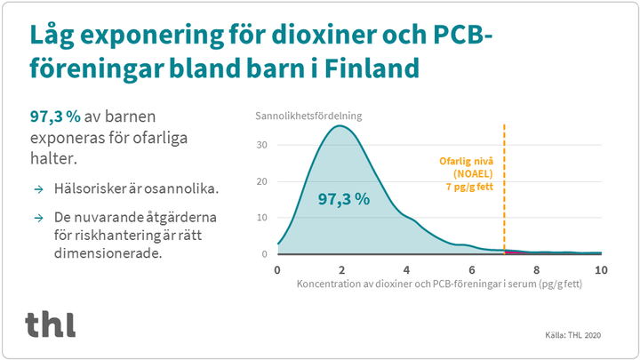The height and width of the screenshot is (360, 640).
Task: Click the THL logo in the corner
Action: [50, 324]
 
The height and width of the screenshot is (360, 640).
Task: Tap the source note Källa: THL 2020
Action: [572, 335]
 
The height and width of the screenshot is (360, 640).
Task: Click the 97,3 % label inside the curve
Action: [344, 199]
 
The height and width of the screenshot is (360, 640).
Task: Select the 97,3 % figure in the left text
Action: [55, 116]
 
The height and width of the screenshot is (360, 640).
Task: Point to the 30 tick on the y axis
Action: [261, 145]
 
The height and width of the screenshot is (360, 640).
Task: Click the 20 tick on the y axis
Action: [261, 181]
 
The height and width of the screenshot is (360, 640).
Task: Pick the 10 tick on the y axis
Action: [261, 218]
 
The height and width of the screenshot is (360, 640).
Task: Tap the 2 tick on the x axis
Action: [342, 270]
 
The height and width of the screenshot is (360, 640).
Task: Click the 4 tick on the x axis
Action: [406, 270]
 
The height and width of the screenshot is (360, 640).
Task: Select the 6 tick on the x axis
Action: [472, 270]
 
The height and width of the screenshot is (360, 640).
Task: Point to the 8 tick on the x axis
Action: [536, 270]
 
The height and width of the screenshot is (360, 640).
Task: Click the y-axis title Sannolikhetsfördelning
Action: [308, 116]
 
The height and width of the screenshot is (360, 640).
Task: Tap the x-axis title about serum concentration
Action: [439, 284]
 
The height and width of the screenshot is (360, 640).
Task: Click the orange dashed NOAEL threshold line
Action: [505, 189]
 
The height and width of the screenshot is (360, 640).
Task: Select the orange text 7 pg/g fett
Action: [469, 187]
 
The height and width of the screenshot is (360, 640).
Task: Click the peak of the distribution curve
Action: [340, 125]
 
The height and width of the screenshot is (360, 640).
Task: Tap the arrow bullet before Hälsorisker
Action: [39, 189]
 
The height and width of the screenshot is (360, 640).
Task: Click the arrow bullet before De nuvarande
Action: [39, 218]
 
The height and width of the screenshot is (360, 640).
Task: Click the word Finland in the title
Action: [372, 68]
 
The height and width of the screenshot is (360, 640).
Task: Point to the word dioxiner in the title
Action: [323, 35]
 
